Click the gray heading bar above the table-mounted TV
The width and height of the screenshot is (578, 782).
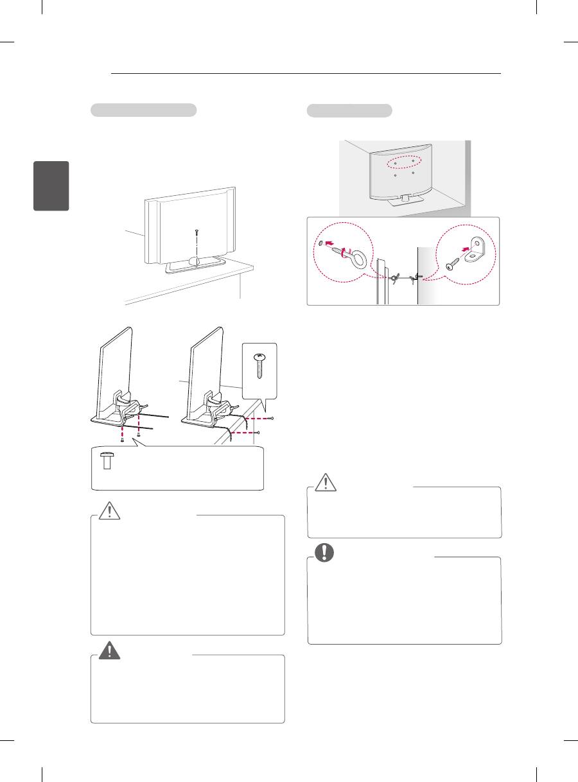[x=143, y=110]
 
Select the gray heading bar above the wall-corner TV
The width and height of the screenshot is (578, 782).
[x=349, y=110]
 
